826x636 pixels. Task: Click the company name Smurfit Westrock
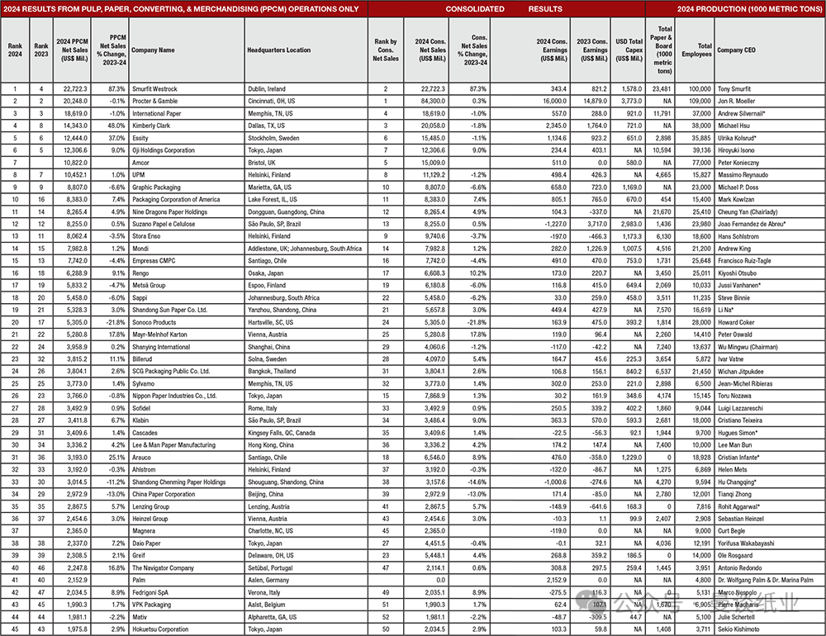(154, 88)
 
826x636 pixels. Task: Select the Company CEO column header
(734, 50)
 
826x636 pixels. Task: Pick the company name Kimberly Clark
(152, 126)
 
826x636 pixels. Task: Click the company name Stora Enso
(148, 235)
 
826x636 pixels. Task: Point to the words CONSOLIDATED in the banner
(475, 9)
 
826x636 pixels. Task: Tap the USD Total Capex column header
(629, 50)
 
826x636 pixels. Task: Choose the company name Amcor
(141, 164)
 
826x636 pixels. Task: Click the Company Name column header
(153, 50)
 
